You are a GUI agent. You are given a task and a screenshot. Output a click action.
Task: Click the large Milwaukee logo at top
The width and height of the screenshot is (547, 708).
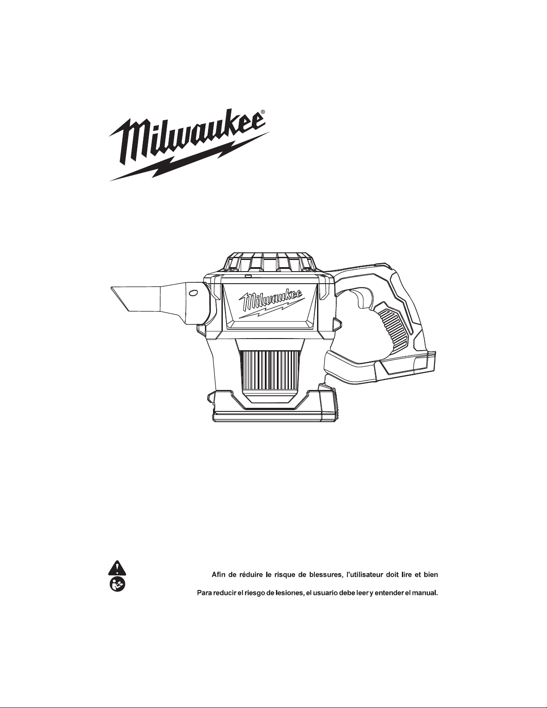[x=189, y=147]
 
